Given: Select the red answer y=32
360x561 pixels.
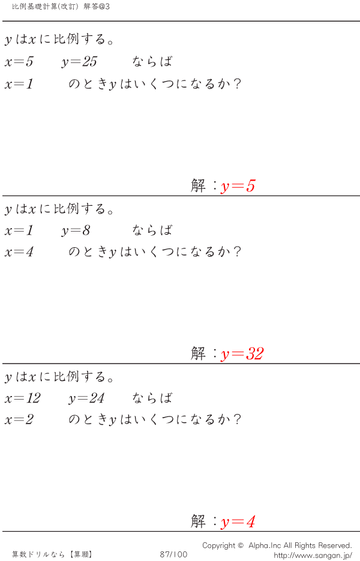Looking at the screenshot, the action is [242, 354].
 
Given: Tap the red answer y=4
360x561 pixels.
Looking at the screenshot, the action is [238, 522].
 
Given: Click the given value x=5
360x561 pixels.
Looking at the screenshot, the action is [19, 62].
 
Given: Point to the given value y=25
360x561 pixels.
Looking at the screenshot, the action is [79, 62].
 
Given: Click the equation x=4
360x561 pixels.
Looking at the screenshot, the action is [19, 252].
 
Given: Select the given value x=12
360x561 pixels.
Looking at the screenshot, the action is [23, 398].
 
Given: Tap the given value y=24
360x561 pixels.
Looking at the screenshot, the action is [86, 398].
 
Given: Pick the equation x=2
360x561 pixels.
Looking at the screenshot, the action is [19, 419].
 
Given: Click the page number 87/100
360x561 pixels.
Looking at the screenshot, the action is [173, 554].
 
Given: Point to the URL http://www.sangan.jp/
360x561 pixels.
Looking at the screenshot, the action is [313, 556].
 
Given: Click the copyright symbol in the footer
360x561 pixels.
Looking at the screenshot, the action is [241, 545].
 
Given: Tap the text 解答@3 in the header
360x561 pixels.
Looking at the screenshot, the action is [97, 7].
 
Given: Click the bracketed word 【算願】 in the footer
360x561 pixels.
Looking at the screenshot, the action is [81, 554].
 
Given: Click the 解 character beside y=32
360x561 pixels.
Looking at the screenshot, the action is [198, 354].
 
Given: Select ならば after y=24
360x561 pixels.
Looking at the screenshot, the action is [152, 398].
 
